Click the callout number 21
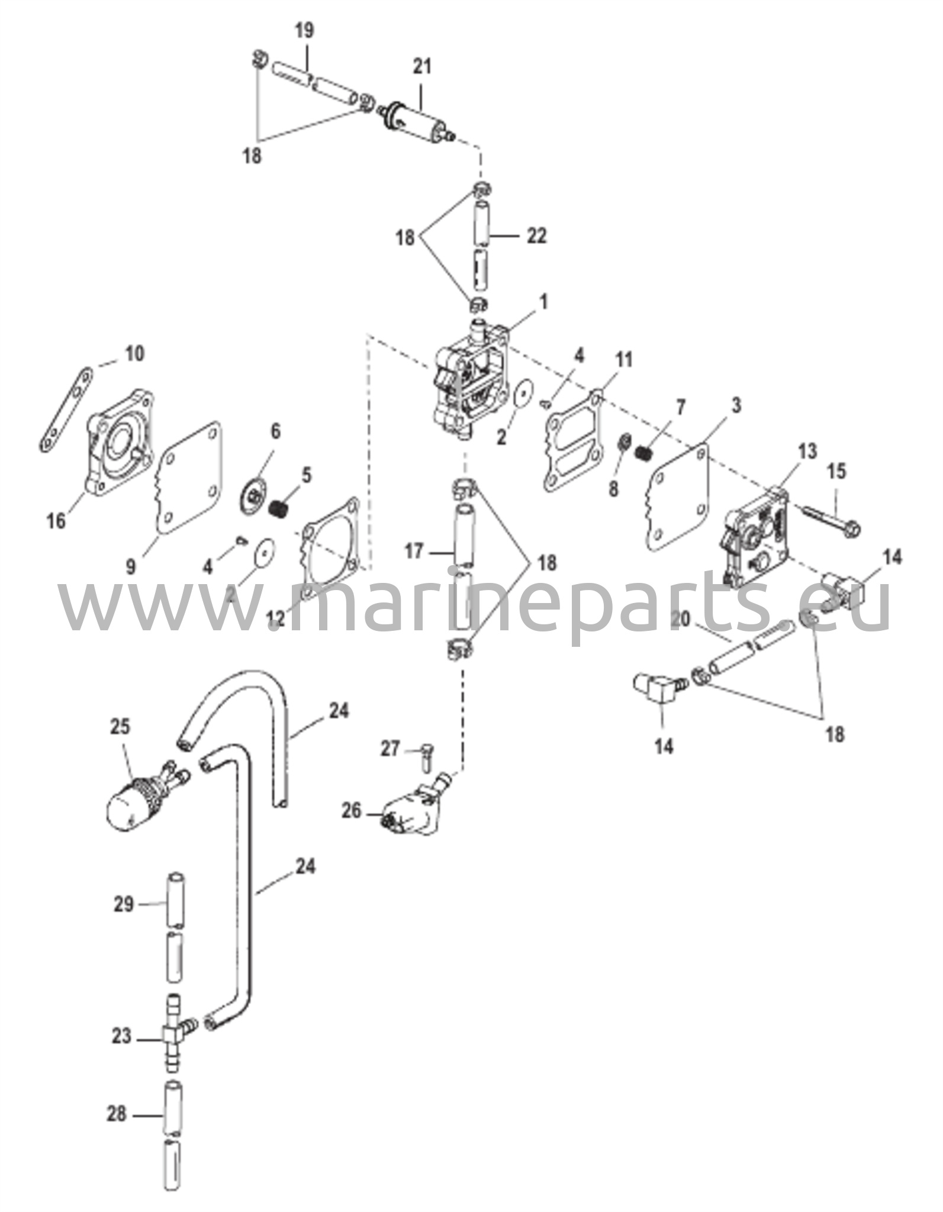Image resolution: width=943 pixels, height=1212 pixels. tap(421, 67)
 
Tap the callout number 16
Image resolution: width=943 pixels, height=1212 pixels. tap(57, 521)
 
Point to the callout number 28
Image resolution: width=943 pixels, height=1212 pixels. tap(116, 1114)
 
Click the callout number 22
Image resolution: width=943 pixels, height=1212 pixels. tap(536, 236)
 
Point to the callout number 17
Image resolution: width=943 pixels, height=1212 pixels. tap(414, 552)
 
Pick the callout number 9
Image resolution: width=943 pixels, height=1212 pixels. tap(131, 566)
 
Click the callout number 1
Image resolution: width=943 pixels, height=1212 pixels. tap(543, 302)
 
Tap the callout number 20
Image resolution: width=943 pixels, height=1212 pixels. tap(681, 619)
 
